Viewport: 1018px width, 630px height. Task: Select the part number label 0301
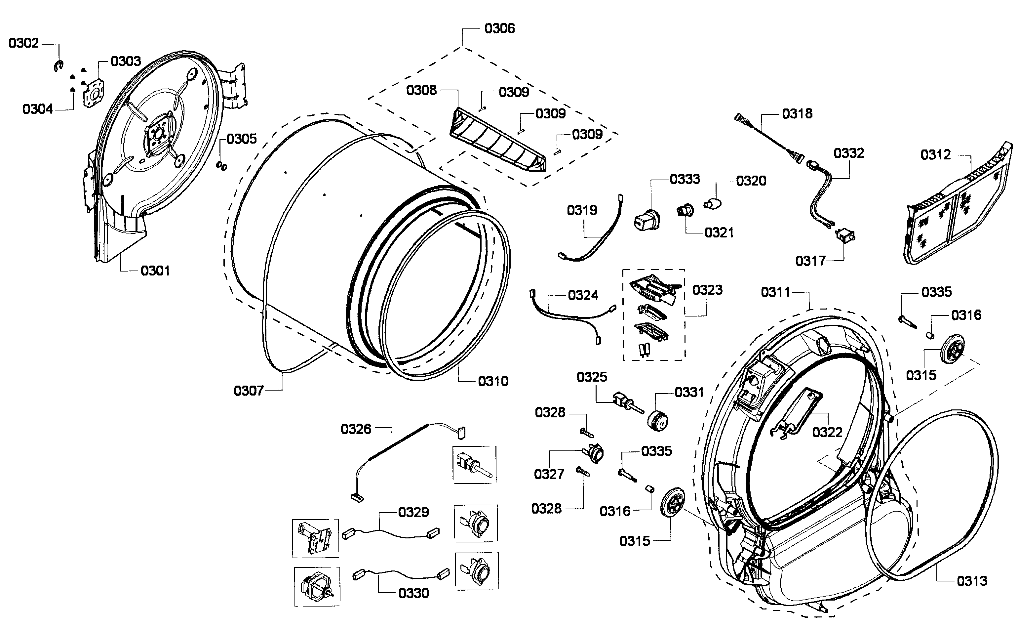pyautogui.click(x=155, y=271)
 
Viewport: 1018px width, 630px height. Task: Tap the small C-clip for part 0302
pyautogui.click(x=58, y=66)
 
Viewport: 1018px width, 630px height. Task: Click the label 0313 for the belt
pyautogui.click(x=971, y=581)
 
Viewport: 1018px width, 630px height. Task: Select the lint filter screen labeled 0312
pyautogui.click(x=958, y=208)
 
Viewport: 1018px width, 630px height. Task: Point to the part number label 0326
pyautogui.click(x=356, y=429)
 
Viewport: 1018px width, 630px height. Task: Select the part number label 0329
pyautogui.click(x=413, y=512)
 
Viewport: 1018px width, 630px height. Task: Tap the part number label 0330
pyautogui.click(x=413, y=593)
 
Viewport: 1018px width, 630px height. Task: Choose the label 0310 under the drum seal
pyautogui.click(x=493, y=381)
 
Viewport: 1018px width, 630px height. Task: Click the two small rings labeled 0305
pyautogui.click(x=221, y=166)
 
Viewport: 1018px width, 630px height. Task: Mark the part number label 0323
pyautogui.click(x=707, y=290)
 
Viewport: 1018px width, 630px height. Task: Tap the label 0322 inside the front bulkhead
pyautogui.click(x=827, y=432)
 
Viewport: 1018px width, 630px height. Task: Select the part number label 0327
pyautogui.click(x=549, y=474)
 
